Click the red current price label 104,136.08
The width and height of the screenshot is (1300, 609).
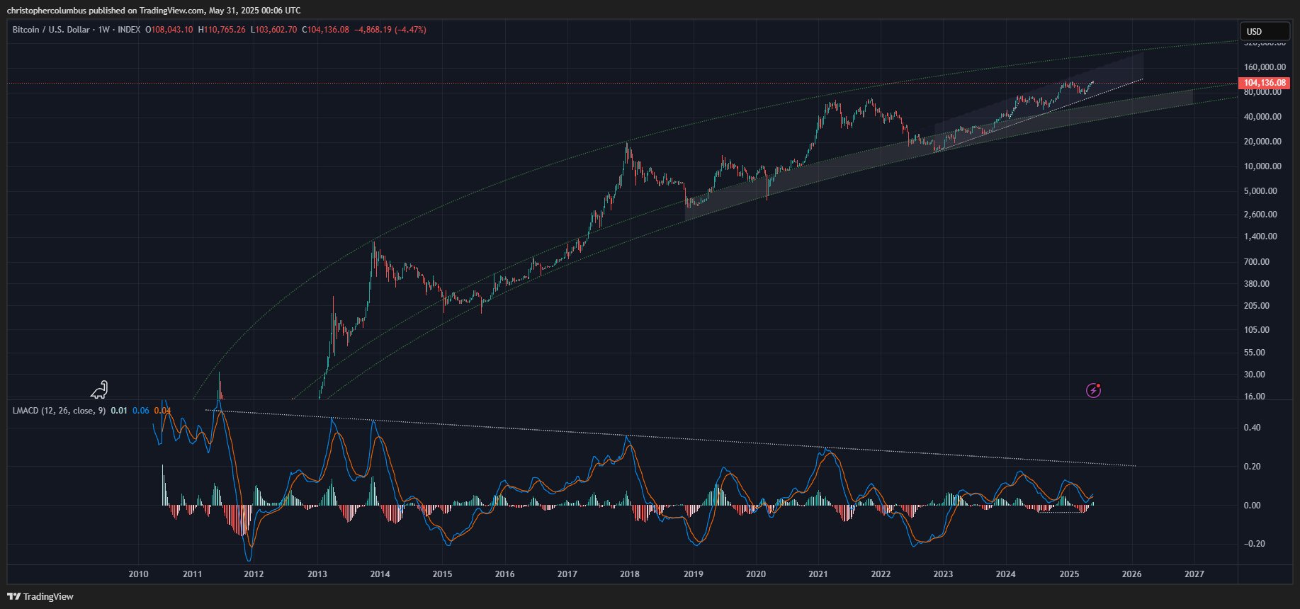coord(1265,83)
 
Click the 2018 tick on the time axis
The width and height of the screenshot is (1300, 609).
coord(629,574)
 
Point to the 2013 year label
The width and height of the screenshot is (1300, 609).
coord(317,574)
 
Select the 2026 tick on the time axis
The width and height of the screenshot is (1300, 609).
coord(1131,574)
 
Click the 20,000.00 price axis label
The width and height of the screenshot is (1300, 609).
coord(1262,142)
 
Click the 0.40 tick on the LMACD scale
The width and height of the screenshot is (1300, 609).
coord(1252,428)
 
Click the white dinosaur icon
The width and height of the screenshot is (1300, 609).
coord(100,389)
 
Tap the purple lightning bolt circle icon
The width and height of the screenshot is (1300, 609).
coord(1094,390)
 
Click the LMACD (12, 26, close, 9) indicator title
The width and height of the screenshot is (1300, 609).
coord(59,411)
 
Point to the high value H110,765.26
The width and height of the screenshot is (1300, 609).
coord(222,30)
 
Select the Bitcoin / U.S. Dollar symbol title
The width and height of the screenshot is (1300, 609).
coord(51,30)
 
